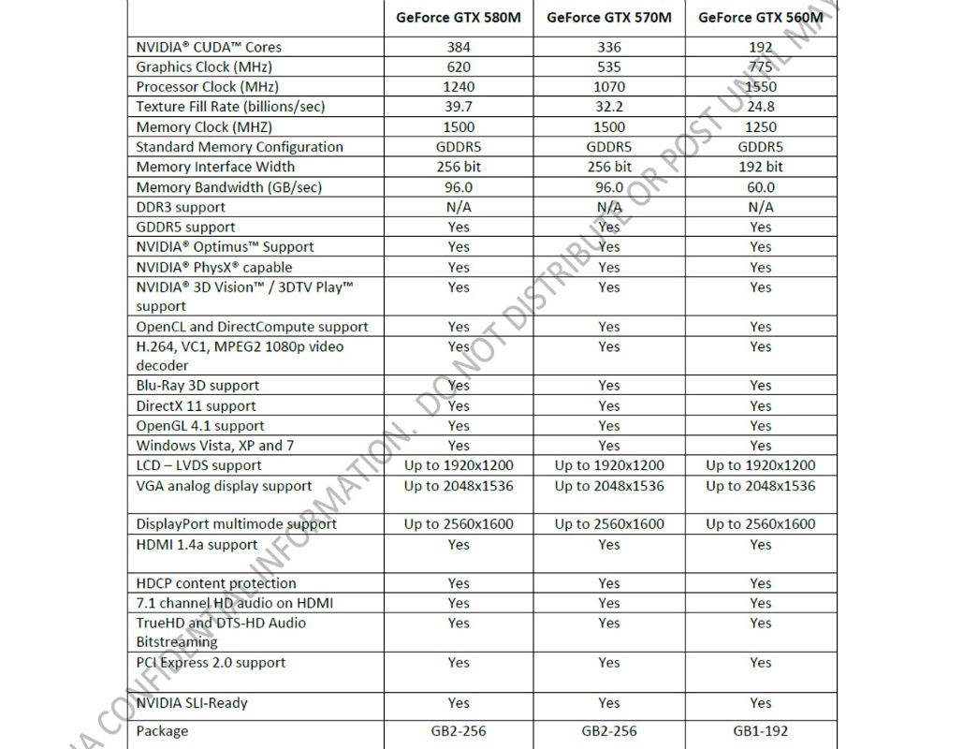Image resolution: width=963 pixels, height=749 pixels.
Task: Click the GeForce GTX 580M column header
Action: [459, 17]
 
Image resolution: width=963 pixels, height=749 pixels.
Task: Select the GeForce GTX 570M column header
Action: [609, 17]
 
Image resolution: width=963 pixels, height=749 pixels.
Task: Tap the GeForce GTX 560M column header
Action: [761, 17]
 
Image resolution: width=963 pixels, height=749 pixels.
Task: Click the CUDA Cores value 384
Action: [459, 47]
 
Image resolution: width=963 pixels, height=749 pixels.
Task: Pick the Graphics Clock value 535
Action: [609, 66]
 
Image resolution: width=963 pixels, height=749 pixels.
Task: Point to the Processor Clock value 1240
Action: [459, 86]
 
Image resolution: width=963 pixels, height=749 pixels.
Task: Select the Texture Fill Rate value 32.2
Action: [609, 107]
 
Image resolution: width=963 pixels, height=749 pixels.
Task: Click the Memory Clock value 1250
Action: [761, 126]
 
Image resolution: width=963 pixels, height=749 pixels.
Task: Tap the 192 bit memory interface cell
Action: [761, 167]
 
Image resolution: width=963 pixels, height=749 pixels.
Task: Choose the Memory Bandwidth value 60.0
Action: [761, 187]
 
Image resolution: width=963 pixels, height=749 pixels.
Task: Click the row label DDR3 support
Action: [180, 207]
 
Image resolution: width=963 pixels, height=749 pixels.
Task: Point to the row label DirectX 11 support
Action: [196, 405]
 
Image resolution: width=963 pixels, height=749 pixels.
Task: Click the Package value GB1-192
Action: [761, 730]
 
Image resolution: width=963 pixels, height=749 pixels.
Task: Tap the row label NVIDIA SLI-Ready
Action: [192, 702]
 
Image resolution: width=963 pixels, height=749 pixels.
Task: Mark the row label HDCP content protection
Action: [216, 583]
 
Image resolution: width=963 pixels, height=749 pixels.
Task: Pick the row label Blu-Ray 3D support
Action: [197, 385]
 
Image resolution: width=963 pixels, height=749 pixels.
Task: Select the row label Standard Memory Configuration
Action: [240, 147]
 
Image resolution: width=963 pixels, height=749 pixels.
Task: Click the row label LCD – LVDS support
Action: [198, 465]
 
